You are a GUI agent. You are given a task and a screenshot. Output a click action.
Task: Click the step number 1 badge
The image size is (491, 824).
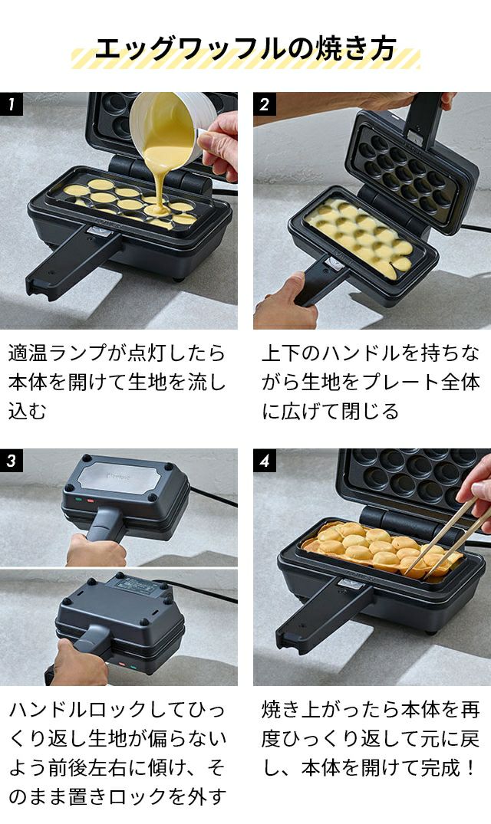coord(12,104)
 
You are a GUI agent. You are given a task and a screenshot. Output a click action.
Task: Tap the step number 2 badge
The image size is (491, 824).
coord(265,104)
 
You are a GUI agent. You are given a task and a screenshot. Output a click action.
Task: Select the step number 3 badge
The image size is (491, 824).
coord(12,461)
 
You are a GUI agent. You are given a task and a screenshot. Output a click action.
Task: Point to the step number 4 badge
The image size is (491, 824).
coord(265,461)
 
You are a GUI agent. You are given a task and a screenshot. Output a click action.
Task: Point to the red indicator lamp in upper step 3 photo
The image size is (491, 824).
coord(90,501)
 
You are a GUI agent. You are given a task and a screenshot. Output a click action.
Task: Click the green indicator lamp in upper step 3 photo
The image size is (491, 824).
coord(78,499)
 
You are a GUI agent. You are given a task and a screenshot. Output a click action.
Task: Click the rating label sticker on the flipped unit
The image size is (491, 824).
coord(133,586)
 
